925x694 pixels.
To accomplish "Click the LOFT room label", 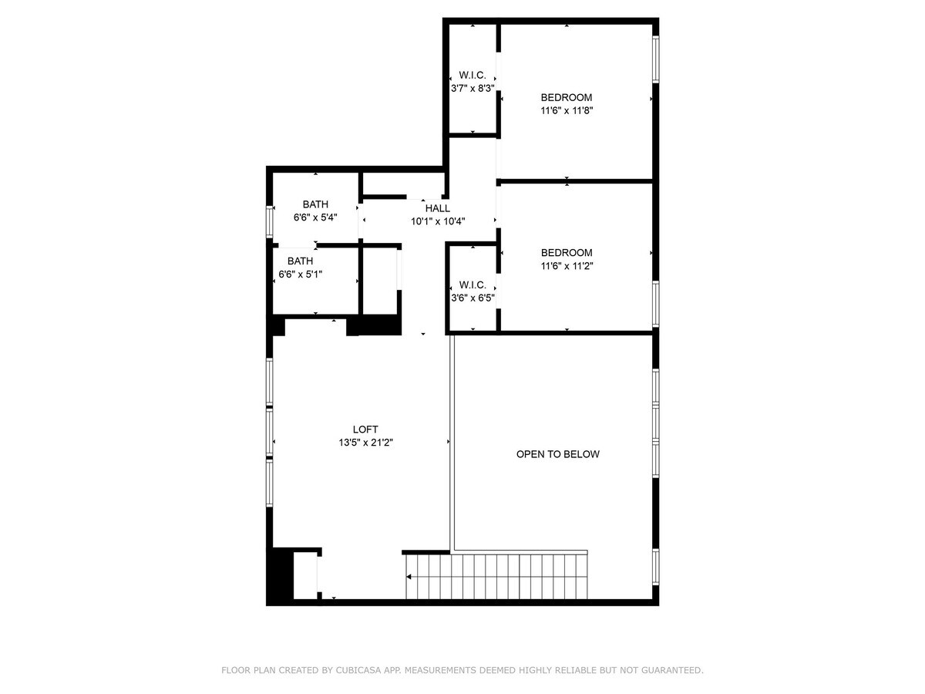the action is pyautogui.click(x=365, y=429).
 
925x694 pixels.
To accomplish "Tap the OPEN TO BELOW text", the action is pyautogui.click(x=557, y=454).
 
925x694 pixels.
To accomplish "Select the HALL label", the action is pyautogui.click(x=437, y=208).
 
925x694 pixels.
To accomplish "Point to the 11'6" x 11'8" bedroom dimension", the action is pyautogui.click(x=567, y=111).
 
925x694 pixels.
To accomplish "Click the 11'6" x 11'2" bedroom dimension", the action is pyautogui.click(x=567, y=266).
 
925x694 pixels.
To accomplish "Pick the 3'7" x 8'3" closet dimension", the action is pyautogui.click(x=473, y=89).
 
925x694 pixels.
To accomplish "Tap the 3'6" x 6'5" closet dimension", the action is pyautogui.click(x=473, y=298).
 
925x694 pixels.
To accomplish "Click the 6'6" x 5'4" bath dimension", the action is pyautogui.click(x=315, y=217).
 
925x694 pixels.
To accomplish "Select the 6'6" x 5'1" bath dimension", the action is pyautogui.click(x=300, y=275).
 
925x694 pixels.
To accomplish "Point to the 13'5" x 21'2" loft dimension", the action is pyautogui.click(x=365, y=443).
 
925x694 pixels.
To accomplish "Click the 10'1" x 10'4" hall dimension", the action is pyautogui.click(x=438, y=221).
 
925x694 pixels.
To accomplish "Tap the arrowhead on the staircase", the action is pyautogui.click(x=409, y=577).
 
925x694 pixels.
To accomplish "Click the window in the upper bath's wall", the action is pyautogui.click(x=269, y=221).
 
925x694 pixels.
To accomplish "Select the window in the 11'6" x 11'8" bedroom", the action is pyautogui.click(x=655, y=59).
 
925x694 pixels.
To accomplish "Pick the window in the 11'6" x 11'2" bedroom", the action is pyautogui.click(x=655, y=304).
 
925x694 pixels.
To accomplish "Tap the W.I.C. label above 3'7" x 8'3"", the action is pyautogui.click(x=473, y=75).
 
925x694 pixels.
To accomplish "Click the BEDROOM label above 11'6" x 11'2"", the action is pyautogui.click(x=567, y=252).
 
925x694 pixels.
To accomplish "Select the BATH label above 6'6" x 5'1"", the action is pyautogui.click(x=300, y=261).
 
